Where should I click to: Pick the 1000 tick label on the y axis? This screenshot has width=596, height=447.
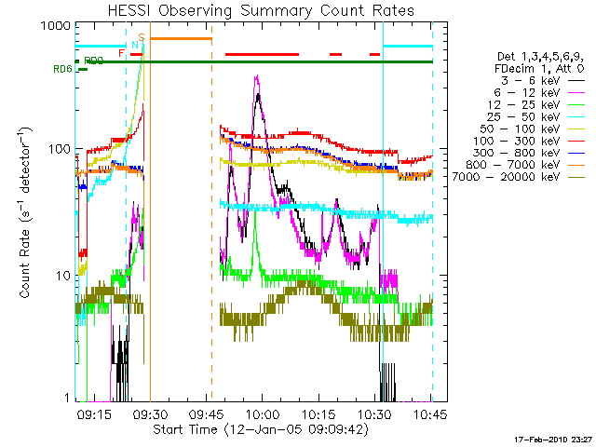52,27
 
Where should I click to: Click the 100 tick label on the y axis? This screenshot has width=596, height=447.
56,149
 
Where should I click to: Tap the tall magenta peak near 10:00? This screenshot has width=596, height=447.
256,77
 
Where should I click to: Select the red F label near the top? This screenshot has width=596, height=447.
121,54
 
